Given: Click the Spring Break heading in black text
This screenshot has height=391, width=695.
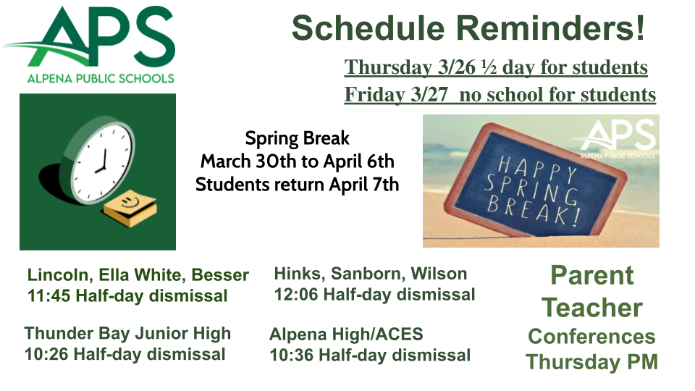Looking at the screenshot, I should (x=297, y=138).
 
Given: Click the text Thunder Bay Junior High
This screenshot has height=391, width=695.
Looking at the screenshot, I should (x=127, y=333).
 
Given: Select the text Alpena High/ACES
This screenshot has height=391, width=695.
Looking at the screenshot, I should (x=346, y=335).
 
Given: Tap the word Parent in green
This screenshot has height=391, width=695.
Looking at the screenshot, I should (x=591, y=276).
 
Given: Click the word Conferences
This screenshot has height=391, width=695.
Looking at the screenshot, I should (x=591, y=337).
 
